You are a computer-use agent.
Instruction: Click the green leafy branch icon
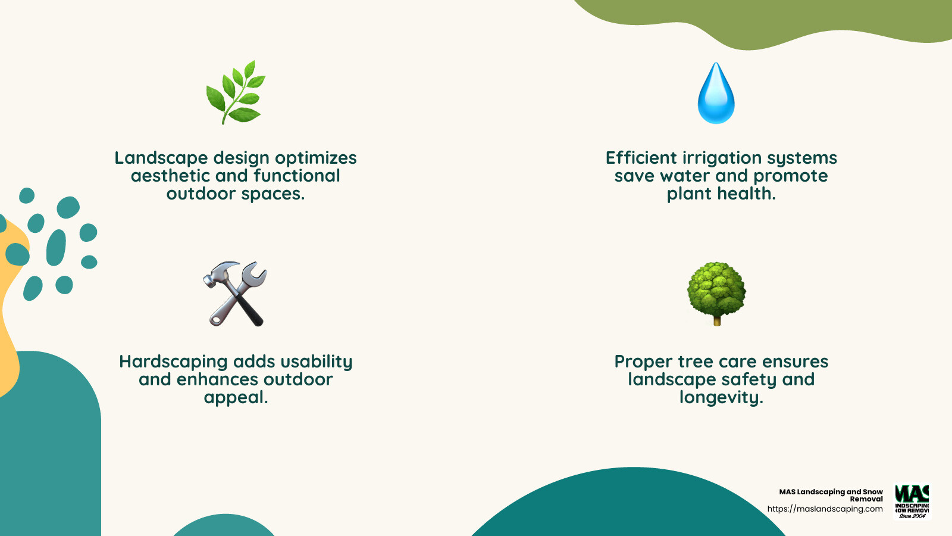(x=236, y=92)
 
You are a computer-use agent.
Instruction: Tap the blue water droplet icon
(x=716, y=94)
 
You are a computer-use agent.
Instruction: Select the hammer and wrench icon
(x=235, y=293)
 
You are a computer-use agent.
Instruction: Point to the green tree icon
(x=716, y=291)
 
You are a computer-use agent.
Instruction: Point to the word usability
(x=316, y=362)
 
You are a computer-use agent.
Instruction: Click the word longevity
(x=721, y=398)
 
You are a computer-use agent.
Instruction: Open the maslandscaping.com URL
(x=825, y=509)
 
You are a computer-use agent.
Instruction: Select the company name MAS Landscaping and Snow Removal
(x=831, y=495)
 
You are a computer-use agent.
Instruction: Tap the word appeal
(x=236, y=398)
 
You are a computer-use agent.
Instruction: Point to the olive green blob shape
(x=773, y=21)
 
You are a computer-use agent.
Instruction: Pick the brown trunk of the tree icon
(x=717, y=321)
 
